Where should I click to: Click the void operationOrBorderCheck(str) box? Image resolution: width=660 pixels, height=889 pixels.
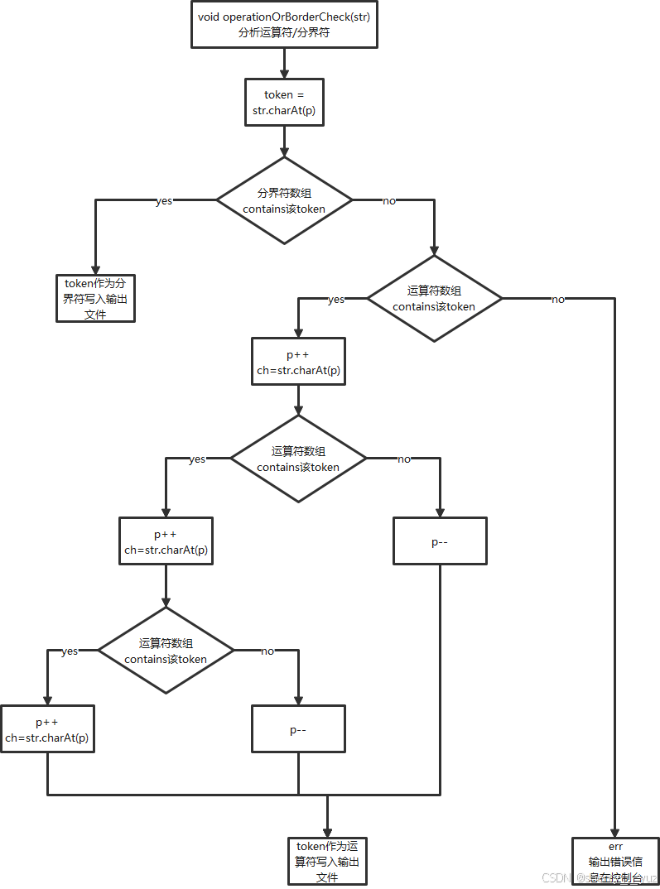pyautogui.click(x=284, y=24)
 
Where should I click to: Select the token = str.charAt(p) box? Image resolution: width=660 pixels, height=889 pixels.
pyautogui.click(x=284, y=102)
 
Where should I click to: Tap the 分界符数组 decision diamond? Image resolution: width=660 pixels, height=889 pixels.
pyautogui.click(x=284, y=200)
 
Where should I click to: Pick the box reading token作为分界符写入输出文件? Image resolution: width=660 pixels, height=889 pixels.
pyautogui.click(x=95, y=298)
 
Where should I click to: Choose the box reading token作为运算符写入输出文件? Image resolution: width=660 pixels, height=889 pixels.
pyautogui.click(x=327, y=861)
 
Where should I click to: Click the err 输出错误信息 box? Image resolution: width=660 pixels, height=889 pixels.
pyautogui.click(x=615, y=861)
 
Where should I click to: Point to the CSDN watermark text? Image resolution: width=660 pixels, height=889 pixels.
pyautogui.click(x=556, y=877)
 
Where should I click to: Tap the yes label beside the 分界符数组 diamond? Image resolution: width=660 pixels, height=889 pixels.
pyautogui.click(x=164, y=200)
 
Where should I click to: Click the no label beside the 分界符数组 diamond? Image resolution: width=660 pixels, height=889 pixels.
pyautogui.click(x=389, y=200)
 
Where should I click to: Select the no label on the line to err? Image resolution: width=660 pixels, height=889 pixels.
pyautogui.click(x=559, y=300)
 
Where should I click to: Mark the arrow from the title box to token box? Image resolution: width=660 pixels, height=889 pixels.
pyautogui.click(x=284, y=63)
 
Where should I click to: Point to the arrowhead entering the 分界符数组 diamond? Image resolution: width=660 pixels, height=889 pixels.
pyautogui.click(x=284, y=152)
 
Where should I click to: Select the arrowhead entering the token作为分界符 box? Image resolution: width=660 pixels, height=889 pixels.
pyautogui.click(x=95, y=269)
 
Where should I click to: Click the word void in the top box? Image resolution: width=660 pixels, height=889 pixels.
pyautogui.click(x=209, y=17)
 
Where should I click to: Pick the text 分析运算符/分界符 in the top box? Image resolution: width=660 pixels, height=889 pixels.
pyautogui.click(x=284, y=33)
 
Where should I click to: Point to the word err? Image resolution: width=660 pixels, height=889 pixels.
pyautogui.click(x=615, y=847)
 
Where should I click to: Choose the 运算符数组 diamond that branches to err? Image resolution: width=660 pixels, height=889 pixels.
pyautogui.click(x=434, y=298)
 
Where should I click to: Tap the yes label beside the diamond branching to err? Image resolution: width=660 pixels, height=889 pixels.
pyautogui.click(x=336, y=300)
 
